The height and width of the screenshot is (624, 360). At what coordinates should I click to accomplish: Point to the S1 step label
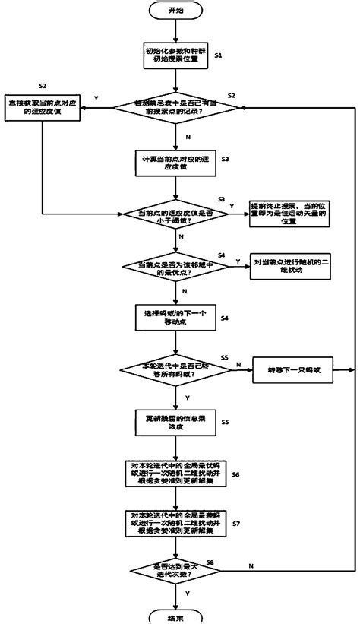click(x=219, y=57)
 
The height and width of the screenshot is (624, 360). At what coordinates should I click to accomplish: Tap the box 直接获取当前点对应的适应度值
click(x=45, y=104)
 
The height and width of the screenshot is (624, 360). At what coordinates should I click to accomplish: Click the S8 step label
click(x=231, y=561)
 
